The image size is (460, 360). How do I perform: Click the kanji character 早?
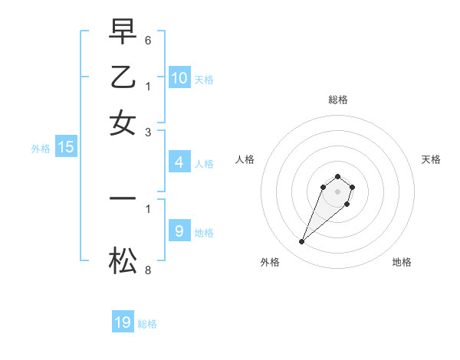click(123, 33)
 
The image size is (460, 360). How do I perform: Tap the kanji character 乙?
click(123, 77)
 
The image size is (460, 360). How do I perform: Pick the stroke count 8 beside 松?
click(147, 270)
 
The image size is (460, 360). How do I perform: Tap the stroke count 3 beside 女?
click(147, 132)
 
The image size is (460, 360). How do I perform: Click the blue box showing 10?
click(179, 78)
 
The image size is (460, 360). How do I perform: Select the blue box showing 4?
click(179, 162)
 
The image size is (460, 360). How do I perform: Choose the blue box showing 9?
click(179, 231)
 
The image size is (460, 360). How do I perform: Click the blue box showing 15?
click(66, 148)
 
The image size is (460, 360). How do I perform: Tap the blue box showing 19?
click(123, 322)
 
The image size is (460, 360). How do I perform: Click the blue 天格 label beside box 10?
click(204, 80)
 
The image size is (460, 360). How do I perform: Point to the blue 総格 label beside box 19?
click(147, 324)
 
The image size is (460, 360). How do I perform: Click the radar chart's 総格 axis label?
click(338, 100)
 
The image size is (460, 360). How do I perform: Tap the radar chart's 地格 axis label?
click(402, 262)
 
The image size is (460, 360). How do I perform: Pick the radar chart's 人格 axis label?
click(245, 159)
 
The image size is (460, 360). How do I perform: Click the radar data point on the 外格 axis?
click(302, 242)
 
